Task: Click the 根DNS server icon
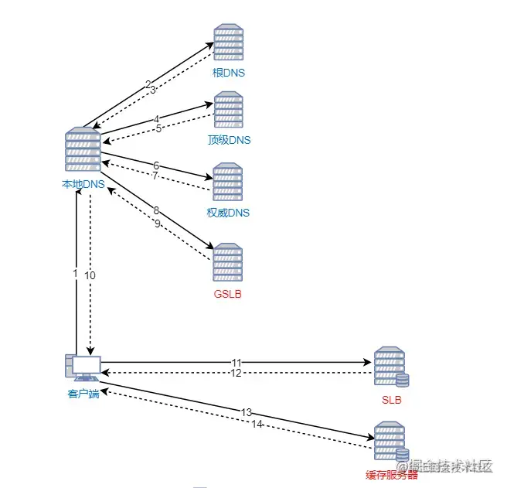(228, 43)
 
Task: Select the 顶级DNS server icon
(229, 111)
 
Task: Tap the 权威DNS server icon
(228, 182)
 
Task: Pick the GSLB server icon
(228, 263)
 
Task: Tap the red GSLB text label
(228, 294)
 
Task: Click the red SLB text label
(391, 400)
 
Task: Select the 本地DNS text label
(83, 184)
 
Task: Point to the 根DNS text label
(229, 74)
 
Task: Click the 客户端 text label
(83, 395)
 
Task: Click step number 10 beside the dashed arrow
(90, 276)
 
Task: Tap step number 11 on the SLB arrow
(236, 362)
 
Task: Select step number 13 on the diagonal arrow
(247, 412)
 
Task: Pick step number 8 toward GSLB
(156, 210)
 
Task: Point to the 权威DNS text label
(229, 213)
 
